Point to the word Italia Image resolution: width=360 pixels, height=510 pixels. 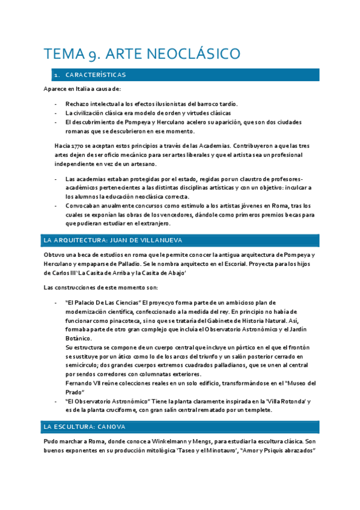82,89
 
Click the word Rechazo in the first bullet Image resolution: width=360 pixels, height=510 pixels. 76,103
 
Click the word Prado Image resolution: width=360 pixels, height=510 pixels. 75,392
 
